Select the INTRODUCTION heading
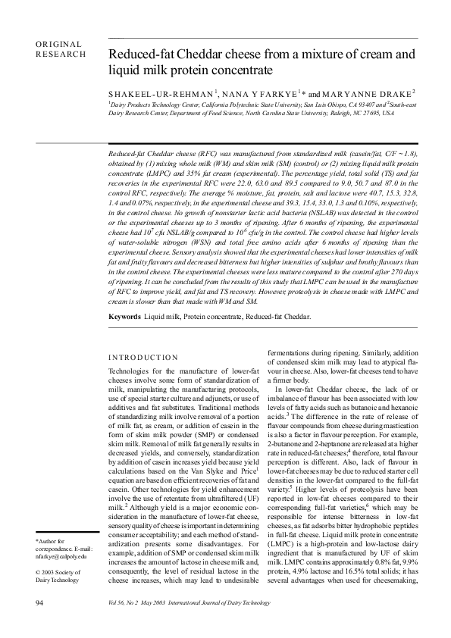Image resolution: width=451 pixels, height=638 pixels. (143, 357)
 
